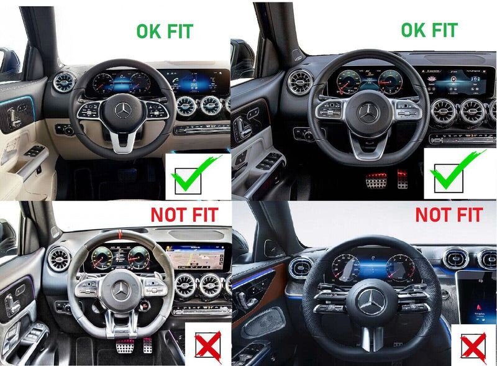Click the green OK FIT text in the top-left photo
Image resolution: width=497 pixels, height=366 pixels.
[x=165, y=31]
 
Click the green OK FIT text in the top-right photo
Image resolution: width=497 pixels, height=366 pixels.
[x=429, y=29]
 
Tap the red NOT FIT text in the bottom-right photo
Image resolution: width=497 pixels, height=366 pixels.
[x=449, y=215]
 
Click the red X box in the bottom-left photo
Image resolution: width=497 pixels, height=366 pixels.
[x=208, y=345]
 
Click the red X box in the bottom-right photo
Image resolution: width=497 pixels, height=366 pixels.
[x=473, y=345]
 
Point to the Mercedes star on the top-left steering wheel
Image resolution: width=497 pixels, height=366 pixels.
[x=122, y=111]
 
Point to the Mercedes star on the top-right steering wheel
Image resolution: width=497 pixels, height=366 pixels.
[x=368, y=112]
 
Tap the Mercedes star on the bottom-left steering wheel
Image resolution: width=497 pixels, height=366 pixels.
[x=120, y=291]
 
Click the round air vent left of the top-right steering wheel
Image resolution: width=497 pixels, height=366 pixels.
[x=299, y=82]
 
